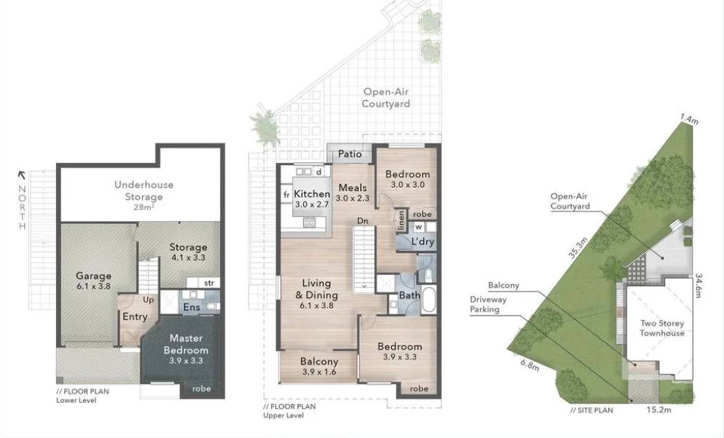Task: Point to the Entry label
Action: click(x=135, y=316)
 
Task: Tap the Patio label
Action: click(x=350, y=154)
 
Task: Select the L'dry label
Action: click(x=423, y=242)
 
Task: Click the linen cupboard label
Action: click(x=401, y=220)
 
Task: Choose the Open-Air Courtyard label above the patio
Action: click(x=387, y=97)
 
